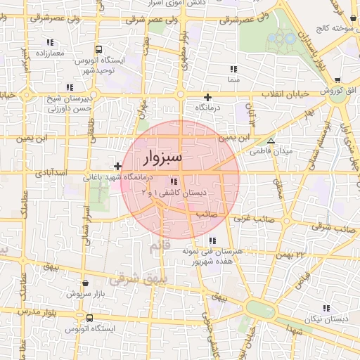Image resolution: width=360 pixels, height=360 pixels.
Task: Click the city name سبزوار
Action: click(x=161, y=157)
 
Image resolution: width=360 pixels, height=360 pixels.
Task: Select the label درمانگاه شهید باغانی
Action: click(x=122, y=176)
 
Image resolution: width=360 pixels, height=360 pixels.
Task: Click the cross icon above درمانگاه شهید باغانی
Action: click(x=117, y=167)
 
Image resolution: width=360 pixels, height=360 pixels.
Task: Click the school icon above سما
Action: click(x=233, y=69)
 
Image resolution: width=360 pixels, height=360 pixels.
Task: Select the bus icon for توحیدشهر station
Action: click(x=98, y=50)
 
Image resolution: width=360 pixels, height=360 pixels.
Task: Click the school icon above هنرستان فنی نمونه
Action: click(x=212, y=240)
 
